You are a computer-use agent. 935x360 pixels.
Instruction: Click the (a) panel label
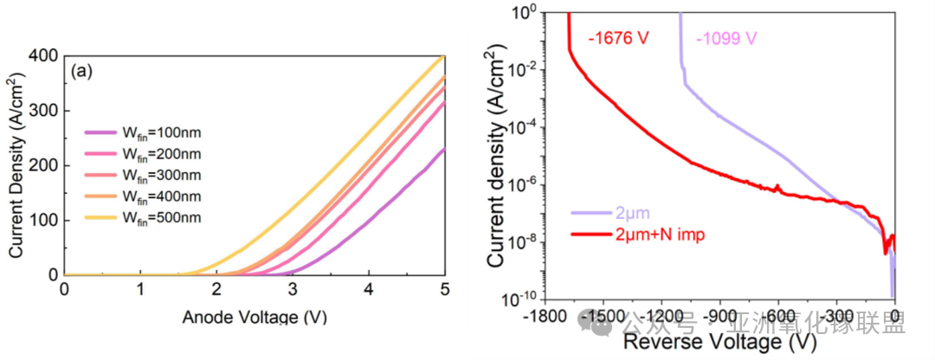[x=84, y=72]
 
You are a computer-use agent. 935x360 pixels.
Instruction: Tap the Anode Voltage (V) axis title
[x=255, y=317]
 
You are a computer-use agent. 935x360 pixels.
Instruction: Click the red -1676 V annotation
[x=619, y=39]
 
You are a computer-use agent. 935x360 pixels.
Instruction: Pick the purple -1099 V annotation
[x=726, y=39]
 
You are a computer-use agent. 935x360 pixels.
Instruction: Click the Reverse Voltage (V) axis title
[x=719, y=342]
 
